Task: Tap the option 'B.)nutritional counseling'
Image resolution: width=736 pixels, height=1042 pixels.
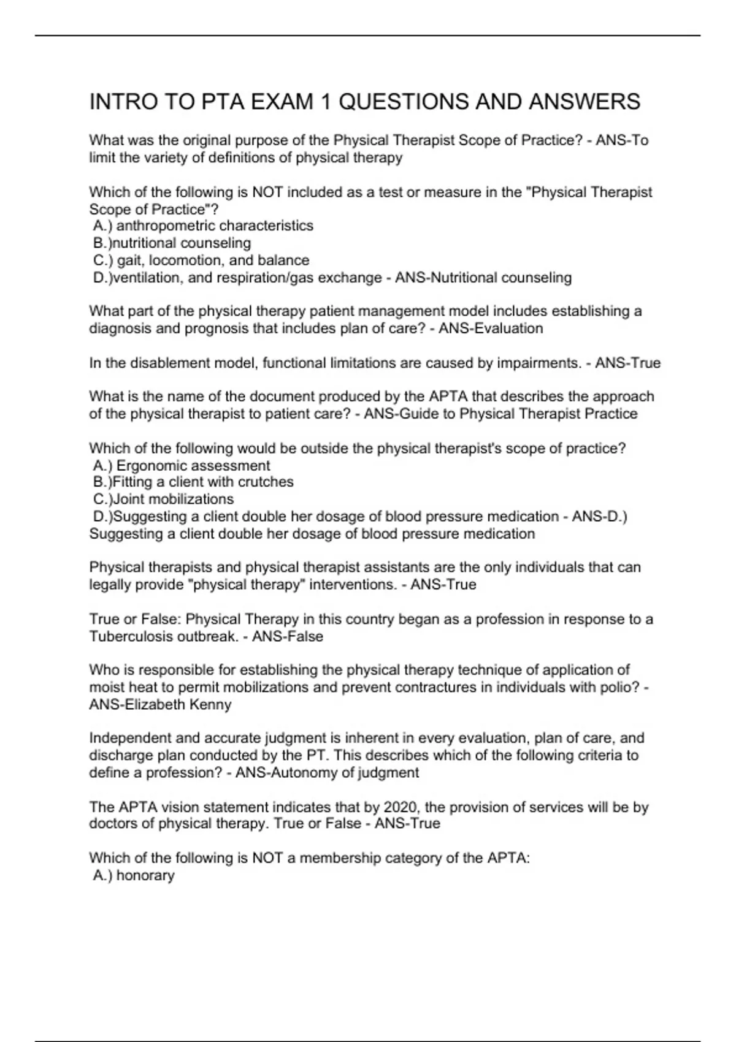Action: [172, 243]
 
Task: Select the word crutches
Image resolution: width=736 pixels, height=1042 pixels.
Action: [266, 482]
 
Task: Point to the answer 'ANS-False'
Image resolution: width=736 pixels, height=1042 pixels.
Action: [288, 636]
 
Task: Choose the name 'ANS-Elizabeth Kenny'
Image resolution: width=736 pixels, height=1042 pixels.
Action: [160, 704]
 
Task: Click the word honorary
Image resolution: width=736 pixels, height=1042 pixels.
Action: [145, 875]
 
